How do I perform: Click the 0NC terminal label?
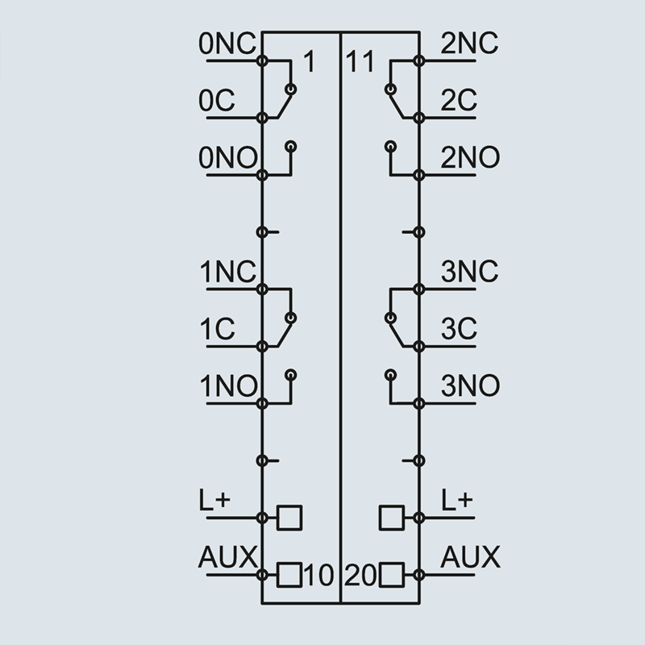(228, 44)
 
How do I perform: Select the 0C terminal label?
(216, 102)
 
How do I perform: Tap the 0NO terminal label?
(228, 158)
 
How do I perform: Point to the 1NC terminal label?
(228, 273)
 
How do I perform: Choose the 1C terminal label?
(216, 330)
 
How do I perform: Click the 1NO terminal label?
(228, 387)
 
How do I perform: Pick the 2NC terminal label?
(470, 44)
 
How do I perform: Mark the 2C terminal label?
(459, 102)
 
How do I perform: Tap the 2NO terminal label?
(470, 158)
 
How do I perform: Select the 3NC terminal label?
(470, 273)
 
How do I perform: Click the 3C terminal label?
(459, 330)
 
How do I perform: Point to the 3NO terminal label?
(470, 387)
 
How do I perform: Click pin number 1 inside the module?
(309, 62)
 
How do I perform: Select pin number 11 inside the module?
(360, 62)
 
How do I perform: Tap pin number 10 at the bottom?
(319, 576)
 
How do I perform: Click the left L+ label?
(214, 500)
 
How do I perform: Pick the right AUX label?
(471, 557)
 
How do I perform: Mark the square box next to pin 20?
(391, 575)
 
